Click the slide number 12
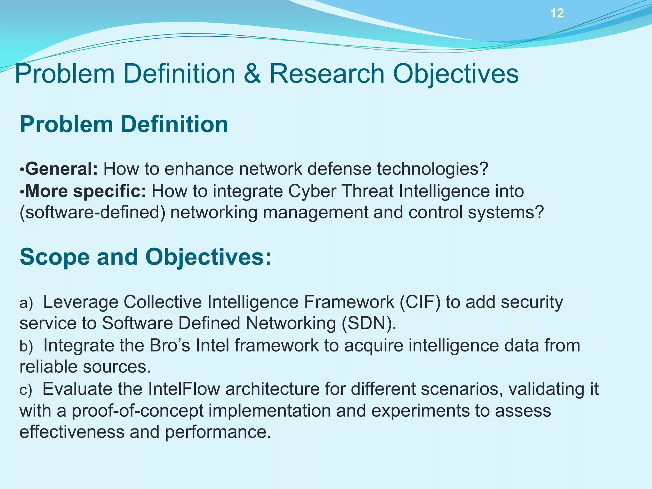coord(557,13)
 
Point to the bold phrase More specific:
coord(85,191)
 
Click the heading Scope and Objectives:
coord(145,257)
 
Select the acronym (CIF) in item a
coord(420,302)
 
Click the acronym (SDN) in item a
coord(369,323)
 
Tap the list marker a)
coord(26,303)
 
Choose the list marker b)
coord(26,346)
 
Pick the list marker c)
coord(26,390)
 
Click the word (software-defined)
coord(92,212)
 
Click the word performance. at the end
coord(218,432)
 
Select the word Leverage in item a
coord(81,302)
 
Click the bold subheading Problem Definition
coord(124,124)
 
